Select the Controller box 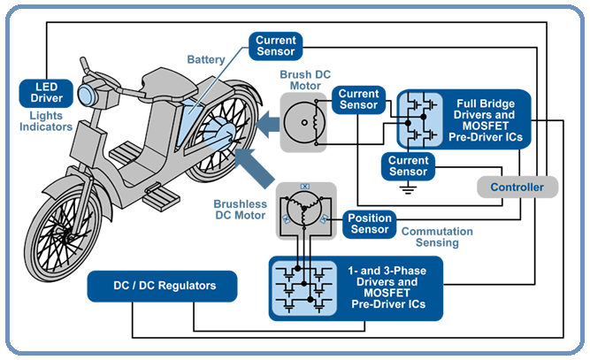tap(517, 187)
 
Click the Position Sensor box tap(369, 224)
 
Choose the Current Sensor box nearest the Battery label tap(275, 45)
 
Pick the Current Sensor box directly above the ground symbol tap(408, 165)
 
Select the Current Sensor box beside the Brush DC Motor tap(359, 99)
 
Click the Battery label tap(205, 59)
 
